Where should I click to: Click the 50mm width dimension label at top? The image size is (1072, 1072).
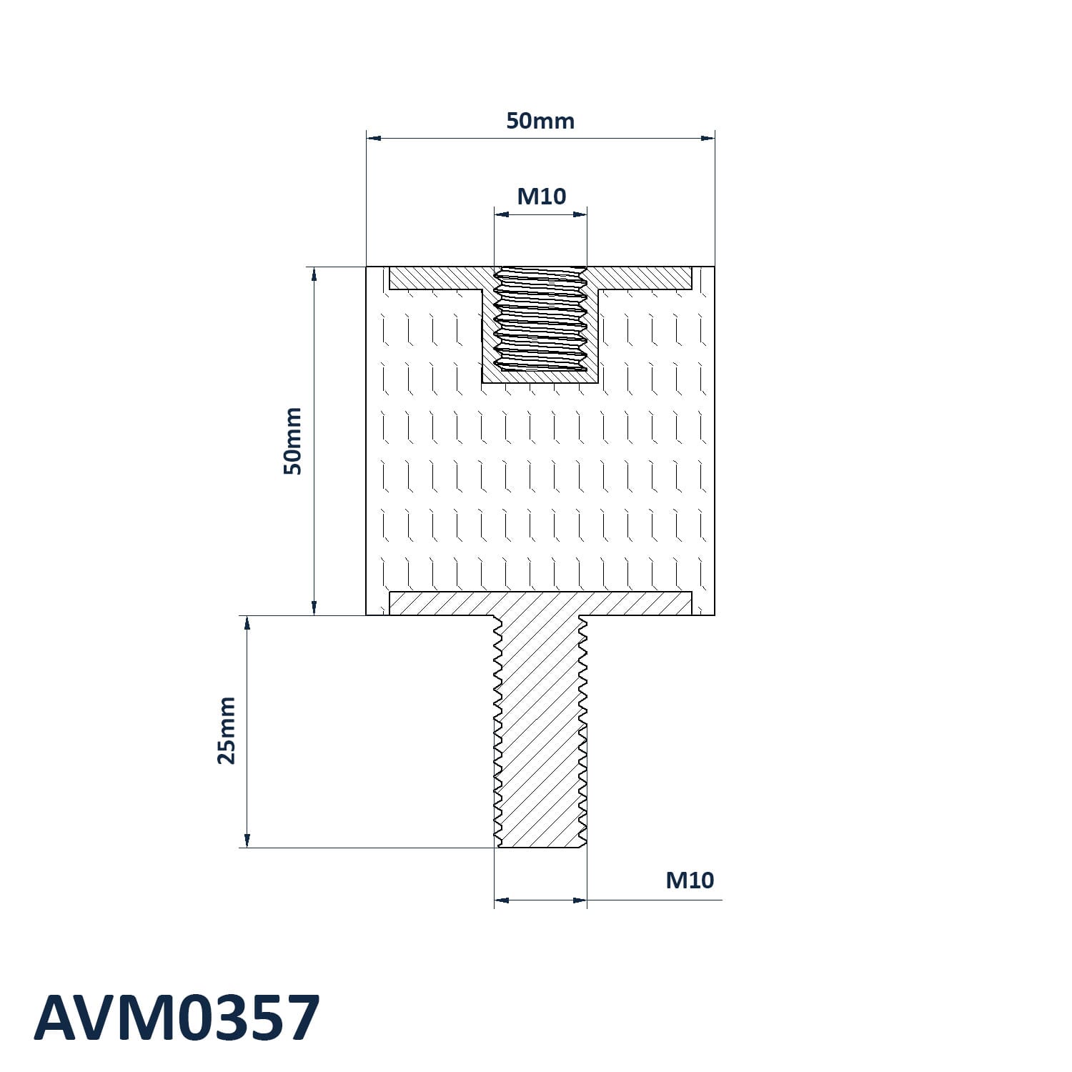pos(540,121)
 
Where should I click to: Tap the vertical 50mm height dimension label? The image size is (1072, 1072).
pos(293,441)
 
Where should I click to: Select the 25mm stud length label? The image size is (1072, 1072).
pos(227,730)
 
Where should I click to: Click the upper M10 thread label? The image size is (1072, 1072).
pos(541,196)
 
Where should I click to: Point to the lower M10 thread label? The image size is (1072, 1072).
pos(690,880)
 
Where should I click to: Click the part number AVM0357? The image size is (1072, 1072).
pos(177,1018)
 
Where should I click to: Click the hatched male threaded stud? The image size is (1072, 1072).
pos(540,729)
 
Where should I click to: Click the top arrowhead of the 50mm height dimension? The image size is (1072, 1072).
pos(314,274)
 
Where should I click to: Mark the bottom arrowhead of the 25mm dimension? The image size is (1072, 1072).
pos(247,840)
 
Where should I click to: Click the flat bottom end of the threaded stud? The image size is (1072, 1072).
pos(540,847)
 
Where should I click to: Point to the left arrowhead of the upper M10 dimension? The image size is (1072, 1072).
pos(501,213)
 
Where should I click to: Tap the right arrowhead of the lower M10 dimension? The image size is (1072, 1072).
pos(580,900)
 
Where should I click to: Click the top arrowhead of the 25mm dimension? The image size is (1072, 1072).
pos(247,622)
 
